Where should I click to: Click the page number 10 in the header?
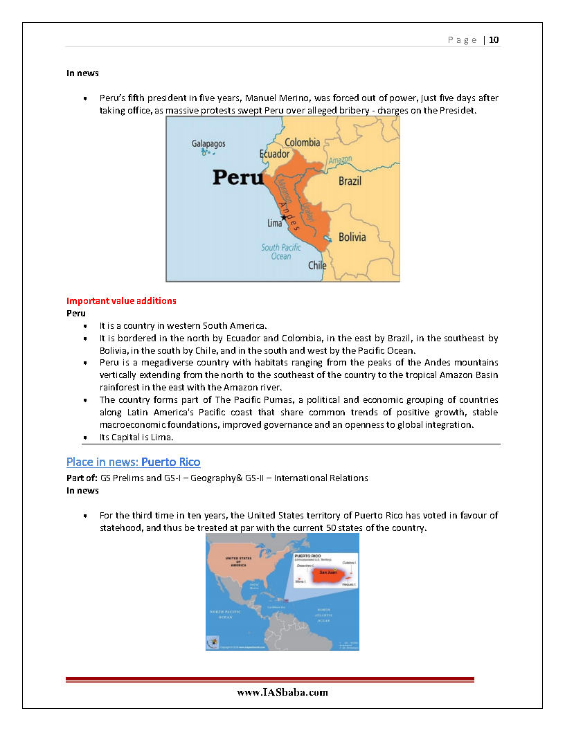click(494, 39)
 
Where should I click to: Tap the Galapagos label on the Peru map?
click(208, 144)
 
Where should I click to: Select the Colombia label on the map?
click(302, 143)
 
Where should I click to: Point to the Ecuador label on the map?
click(274, 154)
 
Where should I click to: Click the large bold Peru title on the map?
click(238, 177)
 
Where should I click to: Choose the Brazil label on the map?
click(350, 181)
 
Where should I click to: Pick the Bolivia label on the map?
click(352, 237)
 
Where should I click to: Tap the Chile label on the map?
click(317, 265)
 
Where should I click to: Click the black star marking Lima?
click(283, 217)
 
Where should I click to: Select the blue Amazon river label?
click(340, 161)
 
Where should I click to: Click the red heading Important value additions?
click(121, 301)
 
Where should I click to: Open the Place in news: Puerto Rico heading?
click(134, 462)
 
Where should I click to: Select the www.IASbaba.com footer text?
click(282, 692)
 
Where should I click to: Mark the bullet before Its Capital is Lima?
click(84, 438)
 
